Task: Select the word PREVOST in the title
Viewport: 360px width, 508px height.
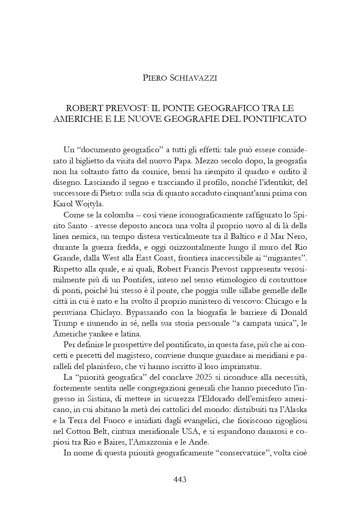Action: click(125, 108)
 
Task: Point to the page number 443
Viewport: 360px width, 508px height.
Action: click(180, 479)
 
